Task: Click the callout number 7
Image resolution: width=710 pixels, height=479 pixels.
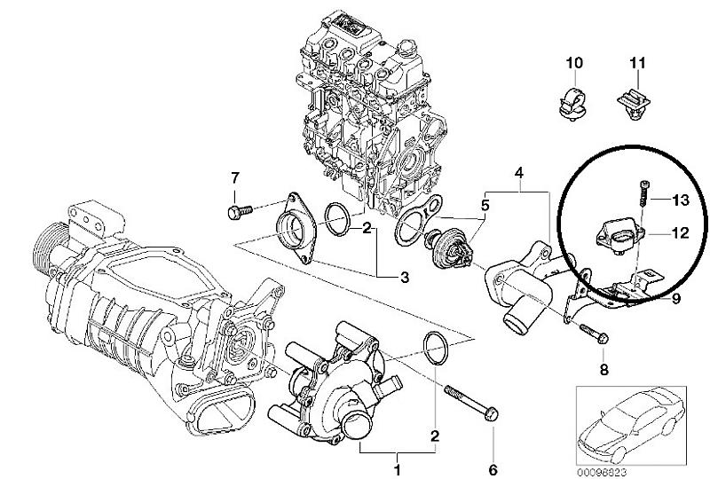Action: [235, 177]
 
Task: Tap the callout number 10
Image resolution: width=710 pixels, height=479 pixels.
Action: [572, 63]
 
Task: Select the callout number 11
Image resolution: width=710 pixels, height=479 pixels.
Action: [635, 63]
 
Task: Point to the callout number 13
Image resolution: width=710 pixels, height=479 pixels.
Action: [680, 199]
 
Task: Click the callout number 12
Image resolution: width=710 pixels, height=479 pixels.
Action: [679, 234]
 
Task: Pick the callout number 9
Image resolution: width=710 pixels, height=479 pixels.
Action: [675, 299]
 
